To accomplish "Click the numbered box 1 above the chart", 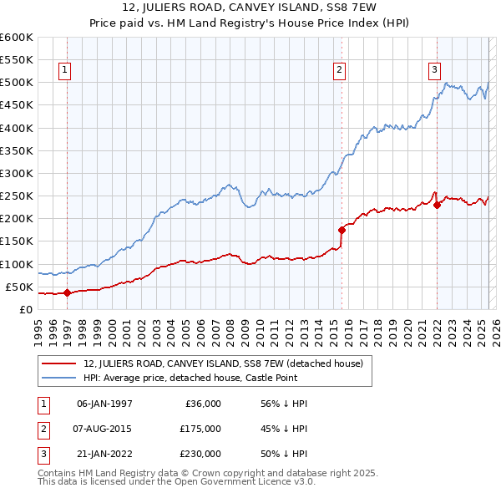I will [x=64, y=71].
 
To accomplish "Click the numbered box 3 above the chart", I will [x=435, y=71].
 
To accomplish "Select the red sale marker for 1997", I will [x=67, y=292].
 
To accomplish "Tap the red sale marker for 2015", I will [x=341, y=230].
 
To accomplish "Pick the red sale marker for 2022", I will [x=437, y=205].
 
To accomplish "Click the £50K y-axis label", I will [x=19, y=287].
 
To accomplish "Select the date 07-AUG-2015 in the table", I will [x=104, y=429].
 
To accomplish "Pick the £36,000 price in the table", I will [x=202, y=404].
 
